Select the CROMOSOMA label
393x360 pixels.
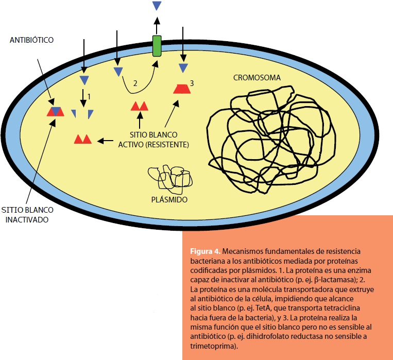257,78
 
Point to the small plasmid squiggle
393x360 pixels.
170,178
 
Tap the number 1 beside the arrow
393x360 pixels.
89,96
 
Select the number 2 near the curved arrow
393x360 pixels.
135,83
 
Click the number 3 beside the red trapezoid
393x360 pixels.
192,83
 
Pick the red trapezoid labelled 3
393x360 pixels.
182,88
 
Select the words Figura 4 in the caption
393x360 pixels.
205,252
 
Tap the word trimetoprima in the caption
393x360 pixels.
211,347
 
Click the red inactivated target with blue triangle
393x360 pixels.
55,111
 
